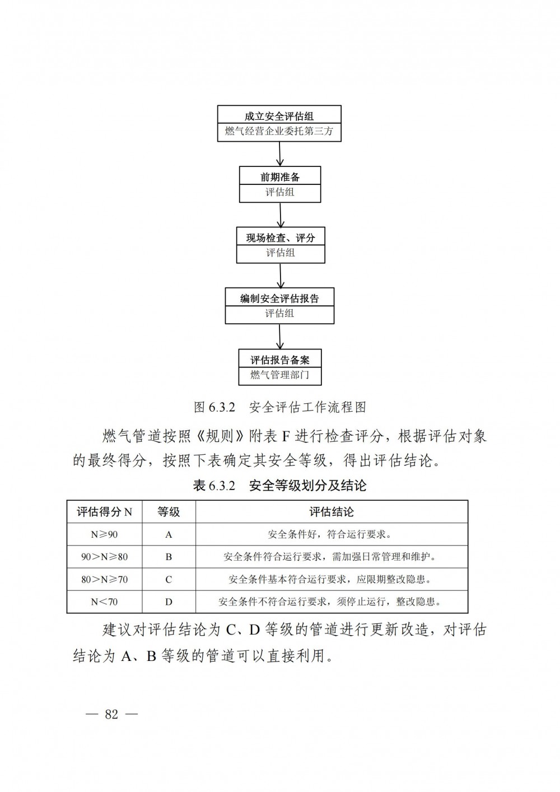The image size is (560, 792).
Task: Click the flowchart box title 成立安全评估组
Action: pyautogui.click(x=279, y=117)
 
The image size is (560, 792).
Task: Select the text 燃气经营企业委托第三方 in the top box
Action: pyautogui.click(x=279, y=131)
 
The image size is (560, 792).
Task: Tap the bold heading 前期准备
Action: pyautogui.click(x=280, y=177)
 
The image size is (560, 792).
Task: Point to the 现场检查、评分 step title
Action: pyautogui.click(x=281, y=238)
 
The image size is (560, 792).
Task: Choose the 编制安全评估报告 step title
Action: pyautogui.click(x=279, y=299)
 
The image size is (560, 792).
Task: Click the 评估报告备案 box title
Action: pyautogui.click(x=280, y=360)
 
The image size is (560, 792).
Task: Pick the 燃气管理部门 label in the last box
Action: pyautogui.click(x=280, y=375)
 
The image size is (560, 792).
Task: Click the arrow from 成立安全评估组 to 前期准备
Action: pyautogui.click(x=279, y=154)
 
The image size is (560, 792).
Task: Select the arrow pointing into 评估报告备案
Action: pyautogui.click(x=279, y=336)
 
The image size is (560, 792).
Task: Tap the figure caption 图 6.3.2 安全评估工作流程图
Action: pyautogui.click(x=279, y=407)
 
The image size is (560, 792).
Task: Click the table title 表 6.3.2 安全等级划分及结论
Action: pyautogui.click(x=279, y=486)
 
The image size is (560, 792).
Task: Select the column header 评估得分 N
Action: pyautogui.click(x=104, y=511)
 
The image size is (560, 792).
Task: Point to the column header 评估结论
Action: pyautogui.click(x=332, y=511)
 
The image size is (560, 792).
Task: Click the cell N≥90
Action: pyautogui.click(x=104, y=534)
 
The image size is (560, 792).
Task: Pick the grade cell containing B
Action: pyautogui.click(x=169, y=557)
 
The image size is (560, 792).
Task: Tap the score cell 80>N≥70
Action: pyautogui.click(x=104, y=580)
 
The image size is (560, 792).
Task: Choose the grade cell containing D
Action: pyautogui.click(x=169, y=602)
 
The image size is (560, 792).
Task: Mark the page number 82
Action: pyautogui.click(x=111, y=714)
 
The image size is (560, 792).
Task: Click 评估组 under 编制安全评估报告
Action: pyautogui.click(x=279, y=313)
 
